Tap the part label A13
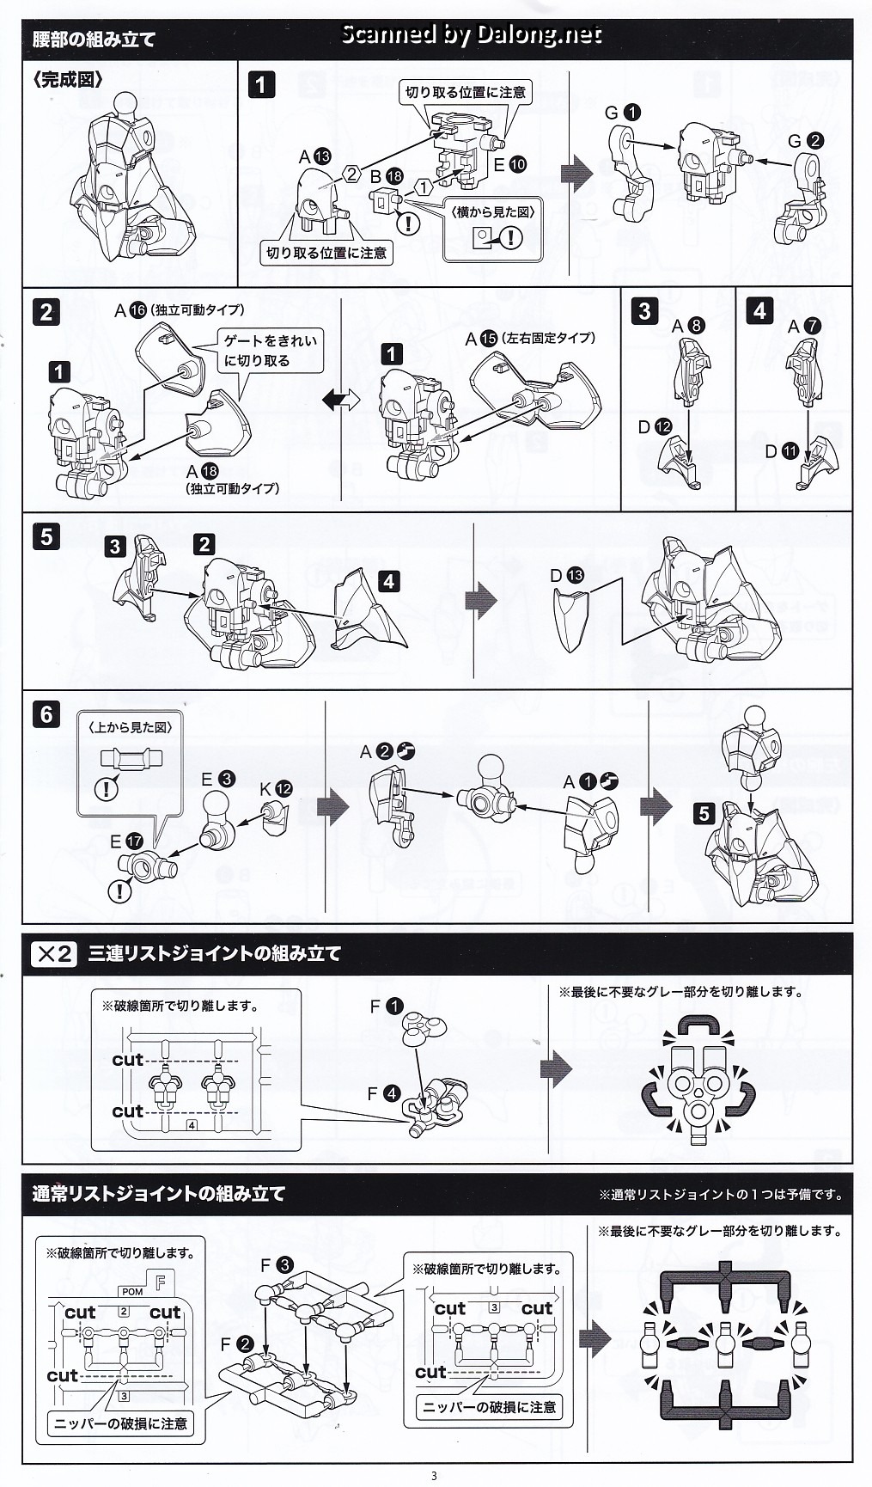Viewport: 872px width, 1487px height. point(314,156)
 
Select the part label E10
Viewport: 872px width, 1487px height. point(509,164)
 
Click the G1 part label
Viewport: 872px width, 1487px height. point(623,113)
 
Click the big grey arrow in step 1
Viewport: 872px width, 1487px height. point(576,174)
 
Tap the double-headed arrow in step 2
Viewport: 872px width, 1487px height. point(341,400)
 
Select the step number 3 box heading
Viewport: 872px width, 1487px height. point(645,310)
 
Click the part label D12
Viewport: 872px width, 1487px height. point(655,426)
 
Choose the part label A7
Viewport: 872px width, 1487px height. point(804,326)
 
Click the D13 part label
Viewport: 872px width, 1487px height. point(567,575)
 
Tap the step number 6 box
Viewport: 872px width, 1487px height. point(46,714)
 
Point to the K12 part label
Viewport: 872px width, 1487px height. point(276,788)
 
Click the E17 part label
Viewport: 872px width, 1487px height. point(125,841)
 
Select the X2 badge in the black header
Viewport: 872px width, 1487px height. point(54,953)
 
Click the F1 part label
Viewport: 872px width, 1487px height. point(386,1006)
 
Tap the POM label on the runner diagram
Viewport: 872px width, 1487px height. point(132,1292)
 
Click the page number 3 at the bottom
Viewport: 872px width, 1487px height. point(434,1476)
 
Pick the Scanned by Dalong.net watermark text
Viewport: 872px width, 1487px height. point(471,34)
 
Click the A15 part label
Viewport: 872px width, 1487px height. point(481,339)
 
